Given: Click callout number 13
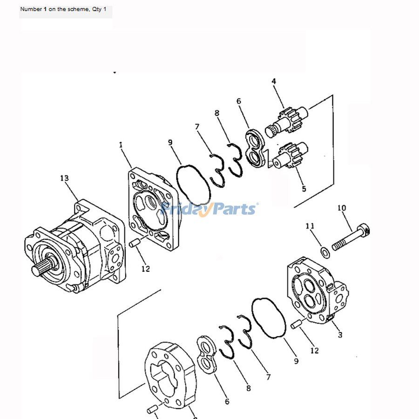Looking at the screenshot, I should coord(64,178).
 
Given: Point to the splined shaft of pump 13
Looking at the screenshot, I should coord(39,269).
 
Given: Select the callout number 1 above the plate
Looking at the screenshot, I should coord(121,145).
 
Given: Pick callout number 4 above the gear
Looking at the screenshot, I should coord(274,81).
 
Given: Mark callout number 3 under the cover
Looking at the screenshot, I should coord(340,335).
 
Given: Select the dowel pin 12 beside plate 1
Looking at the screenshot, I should coord(135,243).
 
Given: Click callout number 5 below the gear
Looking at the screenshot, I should coord(304,189).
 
